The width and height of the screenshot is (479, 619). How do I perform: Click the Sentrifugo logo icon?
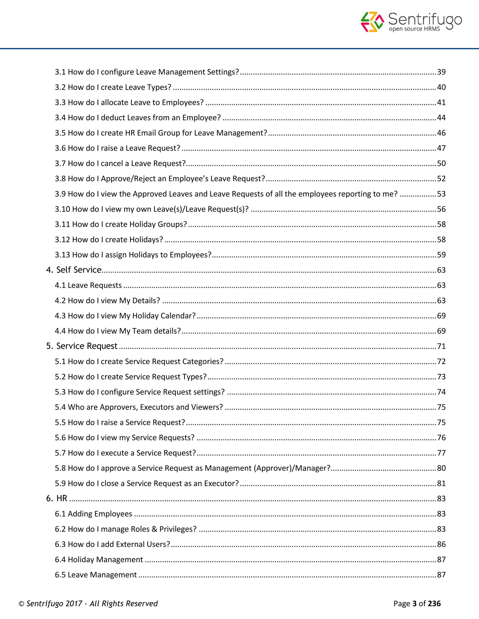coord(372,22)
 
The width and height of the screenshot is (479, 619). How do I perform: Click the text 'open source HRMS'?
coord(414,29)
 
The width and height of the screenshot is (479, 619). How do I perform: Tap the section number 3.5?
coord(60,133)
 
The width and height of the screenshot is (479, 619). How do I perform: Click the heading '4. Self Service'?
coord(74,270)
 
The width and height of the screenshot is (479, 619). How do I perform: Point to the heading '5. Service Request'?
coord(82,346)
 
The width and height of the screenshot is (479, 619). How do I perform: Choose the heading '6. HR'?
coord(57,498)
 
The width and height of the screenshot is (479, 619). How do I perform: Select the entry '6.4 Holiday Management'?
coord(99,559)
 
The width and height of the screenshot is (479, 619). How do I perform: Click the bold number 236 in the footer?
coord(434,604)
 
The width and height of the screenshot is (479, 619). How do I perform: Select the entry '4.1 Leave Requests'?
coord(88,285)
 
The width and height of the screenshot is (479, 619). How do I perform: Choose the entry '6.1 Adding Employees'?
coord(93,514)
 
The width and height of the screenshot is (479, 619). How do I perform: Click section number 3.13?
coord(62,255)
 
